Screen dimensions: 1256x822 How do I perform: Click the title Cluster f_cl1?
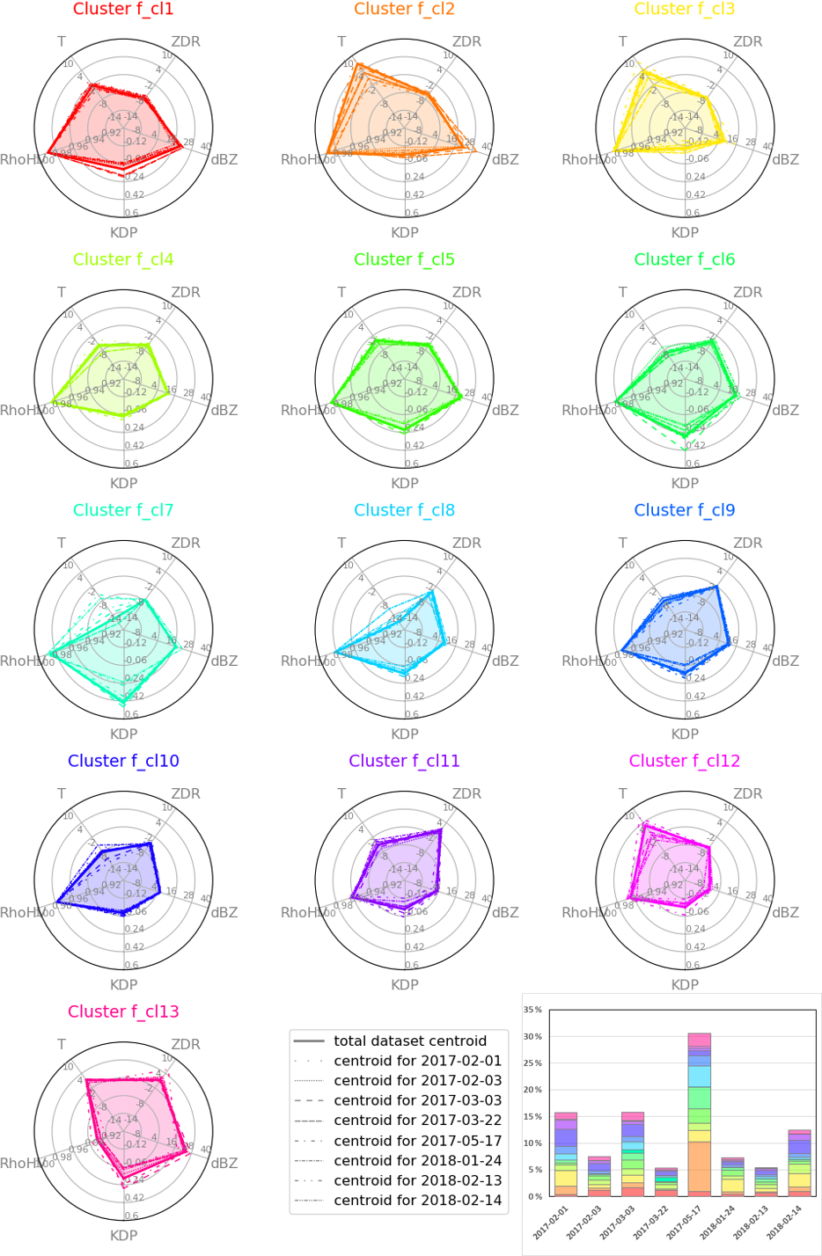pyautogui.click(x=123, y=10)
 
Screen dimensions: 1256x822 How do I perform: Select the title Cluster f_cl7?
pyautogui.click(x=123, y=510)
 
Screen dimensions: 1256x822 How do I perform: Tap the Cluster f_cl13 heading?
pyautogui.click(x=123, y=1011)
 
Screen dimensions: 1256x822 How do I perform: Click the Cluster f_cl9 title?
pyautogui.click(x=685, y=510)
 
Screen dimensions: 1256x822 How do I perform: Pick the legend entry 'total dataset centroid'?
pyautogui.click(x=409, y=1041)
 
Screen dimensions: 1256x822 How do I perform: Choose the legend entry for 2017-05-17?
pyautogui.click(x=417, y=1141)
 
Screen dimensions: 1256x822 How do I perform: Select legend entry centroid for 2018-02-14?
pyautogui.click(x=417, y=1201)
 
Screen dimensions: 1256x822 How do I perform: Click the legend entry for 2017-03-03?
pyautogui.click(x=417, y=1101)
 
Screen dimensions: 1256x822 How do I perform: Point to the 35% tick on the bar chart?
pyautogui.click(x=533, y=1010)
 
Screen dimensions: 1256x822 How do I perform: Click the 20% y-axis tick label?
pyautogui.click(x=533, y=1091)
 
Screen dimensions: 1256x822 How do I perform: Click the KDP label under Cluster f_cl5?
pyautogui.click(x=405, y=484)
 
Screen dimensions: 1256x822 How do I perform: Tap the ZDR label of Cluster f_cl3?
pyautogui.click(x=748, y=41)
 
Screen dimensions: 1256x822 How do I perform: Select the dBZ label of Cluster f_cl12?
pyautogui.click(x=785, y=912)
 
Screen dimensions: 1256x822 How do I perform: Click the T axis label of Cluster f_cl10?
pyautogui.click(x=62, y=793)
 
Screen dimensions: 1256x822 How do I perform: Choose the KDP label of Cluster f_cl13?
pyautogui.click(x=123, y=1236)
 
